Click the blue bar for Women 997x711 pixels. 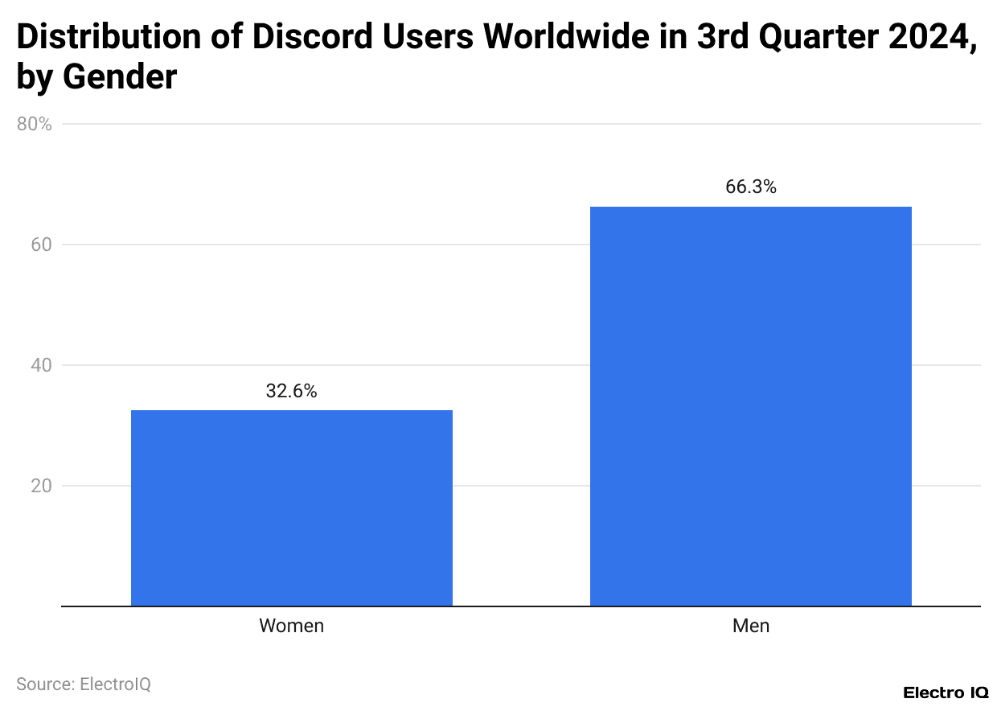(x=291, y=508)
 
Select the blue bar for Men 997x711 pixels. (x=750, y=406)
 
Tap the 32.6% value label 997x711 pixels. (x=291, y=392)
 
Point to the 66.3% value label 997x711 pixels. (x=750, y=187)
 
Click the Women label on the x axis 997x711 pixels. (x=291, y=626)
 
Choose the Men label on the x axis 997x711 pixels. (x=750, y=626)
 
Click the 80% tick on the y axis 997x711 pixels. (x=35, y=125)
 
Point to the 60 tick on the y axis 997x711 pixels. (x=41, y=245)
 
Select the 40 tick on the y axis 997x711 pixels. (x=41, y=365)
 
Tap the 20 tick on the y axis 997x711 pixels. (x=41, y=486)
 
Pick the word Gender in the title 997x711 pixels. (x=120, y=77)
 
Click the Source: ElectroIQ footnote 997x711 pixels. (x=84, y=684)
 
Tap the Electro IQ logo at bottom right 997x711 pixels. (x=946, y=693)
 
